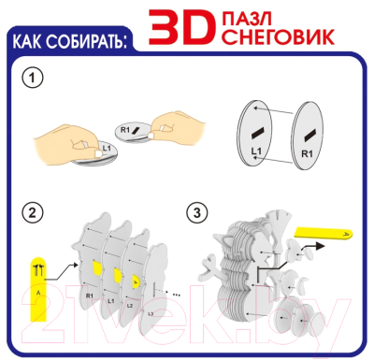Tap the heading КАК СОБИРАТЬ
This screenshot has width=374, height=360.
click(x=69, y=41)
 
